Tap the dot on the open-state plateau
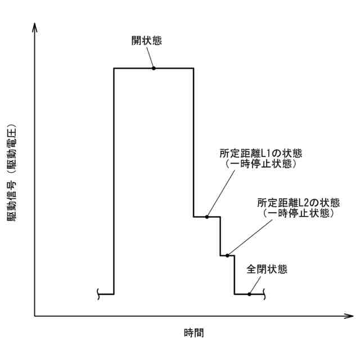click(154, 68)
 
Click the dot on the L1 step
click(207, 217)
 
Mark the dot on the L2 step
click(227, 255)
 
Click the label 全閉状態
click(267, 269)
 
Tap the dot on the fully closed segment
click(249, 294)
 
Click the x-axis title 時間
click(193, 332)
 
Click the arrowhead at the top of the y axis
click(35, 26)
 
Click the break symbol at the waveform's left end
click(98, 294)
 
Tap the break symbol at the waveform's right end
click(264, 294)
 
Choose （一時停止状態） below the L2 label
click(299, 214)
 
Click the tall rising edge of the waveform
click(114, 180)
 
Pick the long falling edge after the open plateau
click(193, 141)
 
